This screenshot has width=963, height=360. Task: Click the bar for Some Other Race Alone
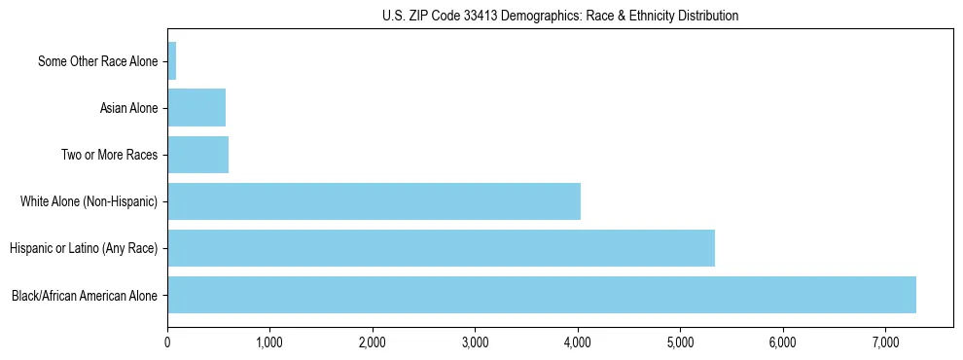172,61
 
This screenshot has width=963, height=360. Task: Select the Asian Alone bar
196,108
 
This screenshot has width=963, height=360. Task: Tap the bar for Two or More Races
198,155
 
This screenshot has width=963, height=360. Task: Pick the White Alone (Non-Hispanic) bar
374,201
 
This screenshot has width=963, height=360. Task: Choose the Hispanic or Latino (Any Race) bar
442,248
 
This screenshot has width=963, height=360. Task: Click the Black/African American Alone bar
542,295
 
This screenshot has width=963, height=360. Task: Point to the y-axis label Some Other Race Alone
97,61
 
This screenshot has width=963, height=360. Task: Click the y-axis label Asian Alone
128,108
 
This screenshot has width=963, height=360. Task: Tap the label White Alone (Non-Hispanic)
89,201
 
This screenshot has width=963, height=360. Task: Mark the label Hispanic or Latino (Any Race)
84,248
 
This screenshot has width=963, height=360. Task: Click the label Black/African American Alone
85,295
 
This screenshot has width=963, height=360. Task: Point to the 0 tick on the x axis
167,342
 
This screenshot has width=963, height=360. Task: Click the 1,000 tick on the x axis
269,342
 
